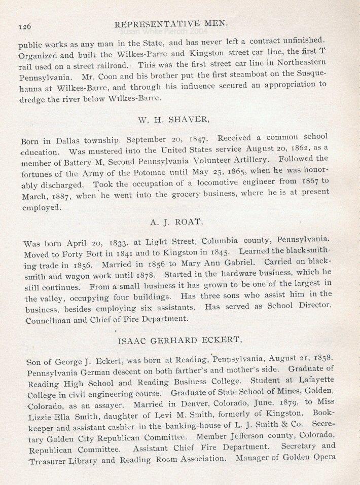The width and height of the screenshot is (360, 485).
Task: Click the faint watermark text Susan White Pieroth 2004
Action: pyautogui.click(x=157, y=32)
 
